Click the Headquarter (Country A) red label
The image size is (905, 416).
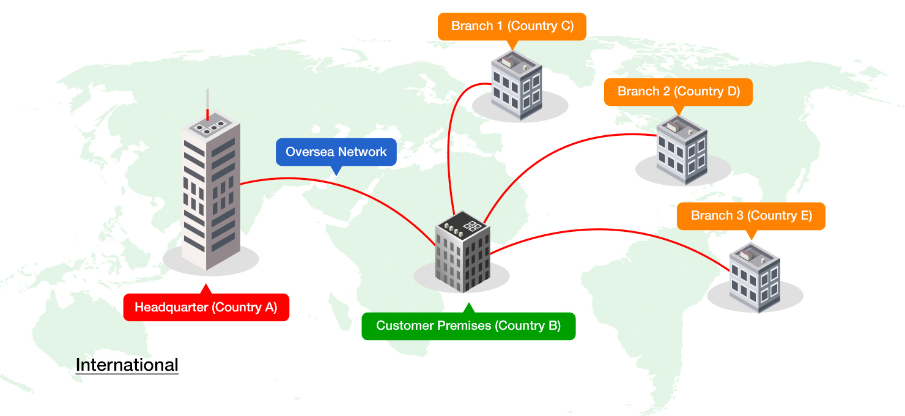tap(206, 307)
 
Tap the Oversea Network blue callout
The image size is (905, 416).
tap(336, 152)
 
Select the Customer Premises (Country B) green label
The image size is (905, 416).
tap(468, 326)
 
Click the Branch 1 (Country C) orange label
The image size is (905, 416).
tap(512, 26)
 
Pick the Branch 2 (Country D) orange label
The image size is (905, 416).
tap(678, 92)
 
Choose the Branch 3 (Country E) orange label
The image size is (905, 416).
tap(751, 216)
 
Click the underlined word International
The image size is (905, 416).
tap(127, 365)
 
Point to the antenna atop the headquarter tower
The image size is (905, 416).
tap(208, 104)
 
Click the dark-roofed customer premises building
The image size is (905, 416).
tap(463, 251)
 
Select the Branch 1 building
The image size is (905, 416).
tap(517, 86)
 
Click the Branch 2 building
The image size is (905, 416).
tap(682, 150)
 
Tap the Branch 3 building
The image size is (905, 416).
tap(755, 278)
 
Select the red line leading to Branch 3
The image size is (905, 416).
tap(606, 229)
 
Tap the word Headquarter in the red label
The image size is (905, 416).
tap(171, 307)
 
